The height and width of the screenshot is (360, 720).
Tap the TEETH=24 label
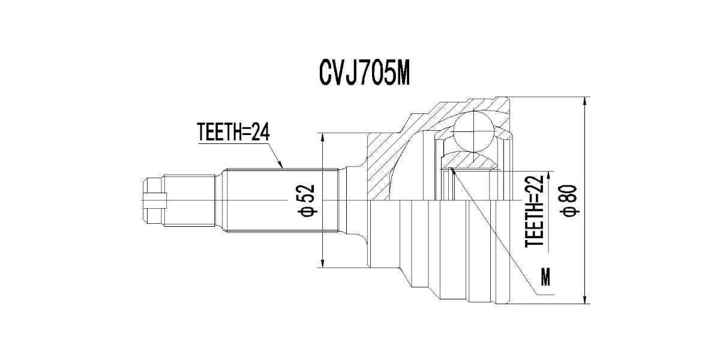click(233, 131)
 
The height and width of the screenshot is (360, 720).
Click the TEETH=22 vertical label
click(534, 211)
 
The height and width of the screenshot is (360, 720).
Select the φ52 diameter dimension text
click(307, 200)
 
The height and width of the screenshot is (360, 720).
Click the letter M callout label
click(545, 277)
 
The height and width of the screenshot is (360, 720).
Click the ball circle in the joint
click(473, 130)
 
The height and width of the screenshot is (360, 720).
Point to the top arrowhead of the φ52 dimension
click(323, 137)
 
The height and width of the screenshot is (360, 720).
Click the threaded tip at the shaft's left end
click(154, 199)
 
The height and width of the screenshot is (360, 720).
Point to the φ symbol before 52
click(307, 211)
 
